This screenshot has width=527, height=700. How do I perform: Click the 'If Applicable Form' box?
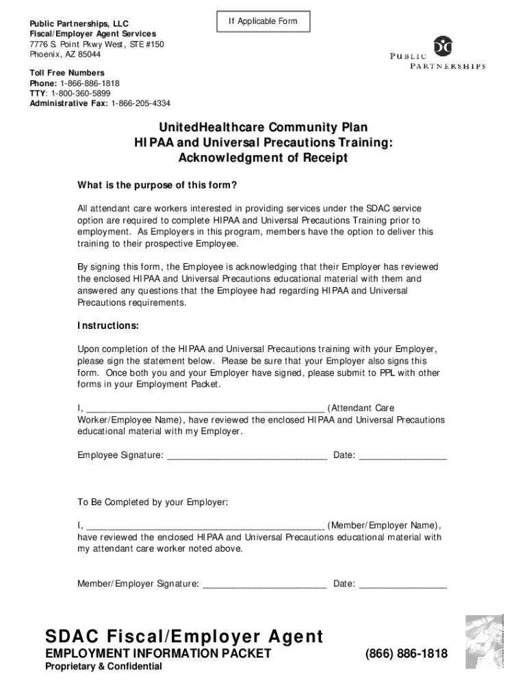coord(263,22)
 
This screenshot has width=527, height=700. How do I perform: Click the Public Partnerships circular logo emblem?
coord(445,46)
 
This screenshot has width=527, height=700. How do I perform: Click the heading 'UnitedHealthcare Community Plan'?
coord(263,128)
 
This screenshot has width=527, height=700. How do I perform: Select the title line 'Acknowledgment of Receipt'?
coord(263,158)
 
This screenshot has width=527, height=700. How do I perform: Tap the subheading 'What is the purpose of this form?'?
coord(157,185)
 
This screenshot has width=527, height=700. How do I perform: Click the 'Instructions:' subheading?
coord(108,325)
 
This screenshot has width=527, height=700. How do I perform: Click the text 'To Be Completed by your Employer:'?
coord(153,502)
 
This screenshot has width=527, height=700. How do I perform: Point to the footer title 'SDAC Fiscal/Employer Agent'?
coord(184,637)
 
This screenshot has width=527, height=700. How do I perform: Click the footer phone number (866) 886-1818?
coord(407,654)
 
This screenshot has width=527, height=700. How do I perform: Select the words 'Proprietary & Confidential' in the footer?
coord(104,667)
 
